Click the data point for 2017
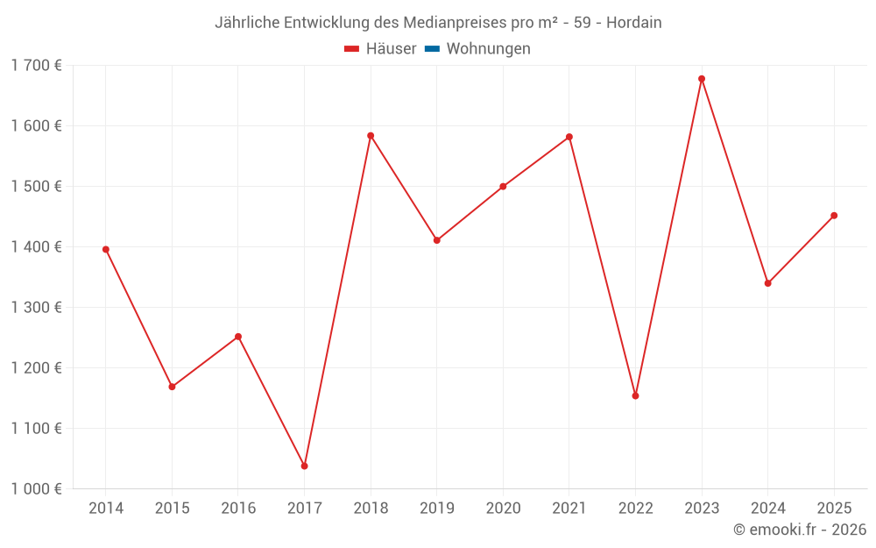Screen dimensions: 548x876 [x=304, y=466]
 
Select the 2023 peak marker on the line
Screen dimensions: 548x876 [x=702, y=79]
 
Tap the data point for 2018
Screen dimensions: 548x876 [x=371, y=136]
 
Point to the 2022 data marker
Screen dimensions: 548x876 [x=635, y=395]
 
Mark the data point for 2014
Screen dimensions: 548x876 [x=106, y=249]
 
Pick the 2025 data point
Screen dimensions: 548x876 [x=834, y=216]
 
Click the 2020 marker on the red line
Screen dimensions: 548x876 [x=503, y=187]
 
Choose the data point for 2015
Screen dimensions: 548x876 [x=172, y=387]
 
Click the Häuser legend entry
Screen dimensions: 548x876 [x=380, y=49]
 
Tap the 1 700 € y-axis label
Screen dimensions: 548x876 [x=36, y=65]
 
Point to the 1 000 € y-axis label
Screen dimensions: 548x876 [x=36, y=488]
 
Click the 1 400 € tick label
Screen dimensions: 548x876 [x=36, y=246]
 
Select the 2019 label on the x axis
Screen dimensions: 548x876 [x=437, y=508]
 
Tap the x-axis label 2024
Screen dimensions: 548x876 [x=767, y=508]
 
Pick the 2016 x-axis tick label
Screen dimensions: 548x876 [x=238, y=508]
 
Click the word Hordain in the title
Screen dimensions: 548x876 [x=634, y=23]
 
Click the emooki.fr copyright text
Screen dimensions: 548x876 [x=800, y=530]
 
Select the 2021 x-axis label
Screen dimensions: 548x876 [x=569, y=508]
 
